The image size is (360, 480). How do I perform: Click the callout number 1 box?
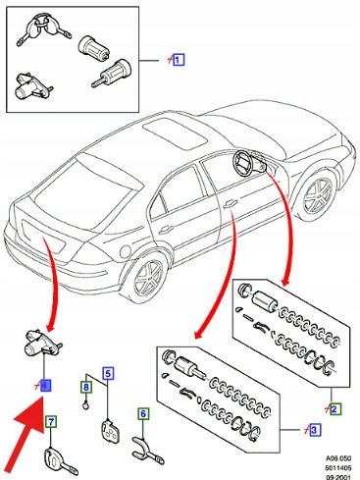coord(179,60)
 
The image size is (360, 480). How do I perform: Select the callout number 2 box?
coord(335,409)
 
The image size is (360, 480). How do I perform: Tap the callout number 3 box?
coord(314,430)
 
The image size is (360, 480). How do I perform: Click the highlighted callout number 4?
coord(45,386)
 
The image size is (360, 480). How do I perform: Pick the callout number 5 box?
coord(108,373)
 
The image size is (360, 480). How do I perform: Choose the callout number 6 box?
coord(143,413)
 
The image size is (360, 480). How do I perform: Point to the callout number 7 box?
coord(51,422)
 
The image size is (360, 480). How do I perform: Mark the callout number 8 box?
coord(86,387)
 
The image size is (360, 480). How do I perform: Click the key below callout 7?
coord(61,461)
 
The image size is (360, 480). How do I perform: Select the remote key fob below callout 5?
coord(110,431)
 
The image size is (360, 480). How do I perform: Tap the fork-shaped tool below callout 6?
coord(148,449)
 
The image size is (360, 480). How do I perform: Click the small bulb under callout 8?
coord(85,406)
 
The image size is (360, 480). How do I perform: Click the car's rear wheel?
coord(148,278)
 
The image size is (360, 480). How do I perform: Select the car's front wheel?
coord(318,195)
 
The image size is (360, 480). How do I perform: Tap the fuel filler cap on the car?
coord(126,252)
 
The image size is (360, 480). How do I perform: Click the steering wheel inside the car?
coord(243,163)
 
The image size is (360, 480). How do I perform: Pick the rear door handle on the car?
coord(166,230)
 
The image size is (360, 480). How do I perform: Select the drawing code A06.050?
coord(338,458)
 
